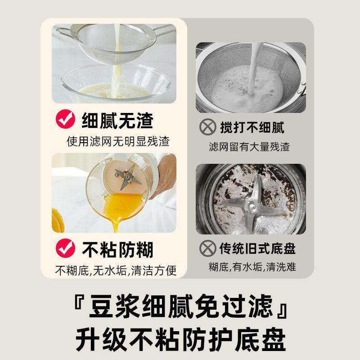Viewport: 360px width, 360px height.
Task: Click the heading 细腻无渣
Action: tap(117, 120)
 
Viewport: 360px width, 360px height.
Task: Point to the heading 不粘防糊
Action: tap(117, 248)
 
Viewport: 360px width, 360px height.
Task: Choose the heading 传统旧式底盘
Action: tap(257, 248)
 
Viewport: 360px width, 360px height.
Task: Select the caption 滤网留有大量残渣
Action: tap(249, 147)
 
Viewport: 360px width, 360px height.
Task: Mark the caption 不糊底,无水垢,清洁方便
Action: tap(115, 270)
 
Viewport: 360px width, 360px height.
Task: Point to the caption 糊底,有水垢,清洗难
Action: tap(252, 266)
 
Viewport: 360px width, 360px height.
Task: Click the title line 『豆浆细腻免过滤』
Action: tap(180, 309)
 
